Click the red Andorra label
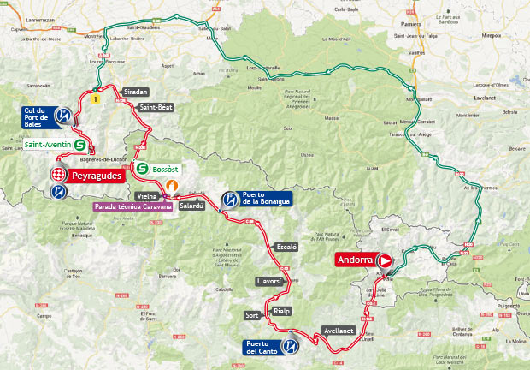[x=354, y=260]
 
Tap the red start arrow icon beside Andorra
[x=385, y=260]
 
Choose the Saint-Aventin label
[x=48, y=145]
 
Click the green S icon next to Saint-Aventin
[x=80, y=145]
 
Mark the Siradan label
[x=135, y=90]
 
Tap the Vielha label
[x=147, y=196]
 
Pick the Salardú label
[x=191, y=206]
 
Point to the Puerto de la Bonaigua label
[x=264, y=200]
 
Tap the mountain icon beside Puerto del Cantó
[x=291, y=347]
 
